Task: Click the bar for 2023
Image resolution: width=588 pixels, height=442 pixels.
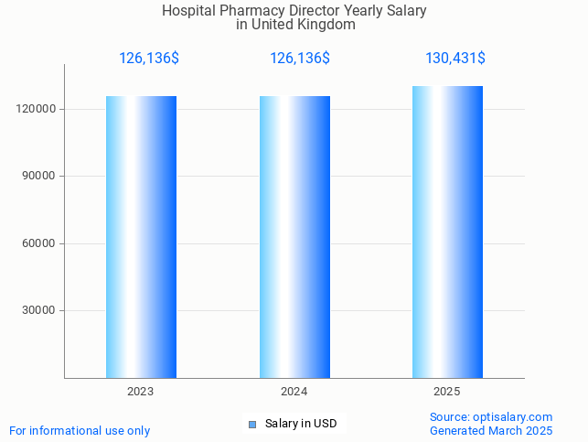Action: pyautogui.click(x=141, y=237)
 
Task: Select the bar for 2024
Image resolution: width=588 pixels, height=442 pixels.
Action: pyautogui.click(x=294, y=237)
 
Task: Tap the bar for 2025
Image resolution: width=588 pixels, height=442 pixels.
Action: pyautogui.click(x=447, y=232)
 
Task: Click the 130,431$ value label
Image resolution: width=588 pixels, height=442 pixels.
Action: pyautogui.click(x=454, y=59)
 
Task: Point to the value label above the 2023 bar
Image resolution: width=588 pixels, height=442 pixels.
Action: pyautogui.click(x=148, y=59)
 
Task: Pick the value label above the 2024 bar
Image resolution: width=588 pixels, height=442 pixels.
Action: pyautogui.click(x=299, y=59)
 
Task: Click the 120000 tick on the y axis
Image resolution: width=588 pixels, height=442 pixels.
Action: pyautogui.click(x=38, y=109)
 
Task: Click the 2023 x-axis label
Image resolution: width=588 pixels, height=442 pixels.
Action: pyautogui.click(x=141, y=392)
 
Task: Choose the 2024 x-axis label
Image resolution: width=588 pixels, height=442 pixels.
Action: pyautogui.click(x=294, y=392)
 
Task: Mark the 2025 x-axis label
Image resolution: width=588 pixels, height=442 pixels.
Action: pyautogui.click(x=447, y=392)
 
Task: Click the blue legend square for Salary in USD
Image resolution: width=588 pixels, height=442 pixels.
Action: pyautogui.click(x=252, y=424)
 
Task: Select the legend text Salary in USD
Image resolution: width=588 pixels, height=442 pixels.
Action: pyautogui.click(x=301, y=424)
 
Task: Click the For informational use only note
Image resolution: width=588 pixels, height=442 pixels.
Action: pyautogui.click(x=80, y=430)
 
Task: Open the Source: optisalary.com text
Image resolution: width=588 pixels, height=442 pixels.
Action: pyautogui.click(x=491, y=416)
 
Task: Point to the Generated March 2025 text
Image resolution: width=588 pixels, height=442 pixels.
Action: pyautogui.click(x=491, y=430)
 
